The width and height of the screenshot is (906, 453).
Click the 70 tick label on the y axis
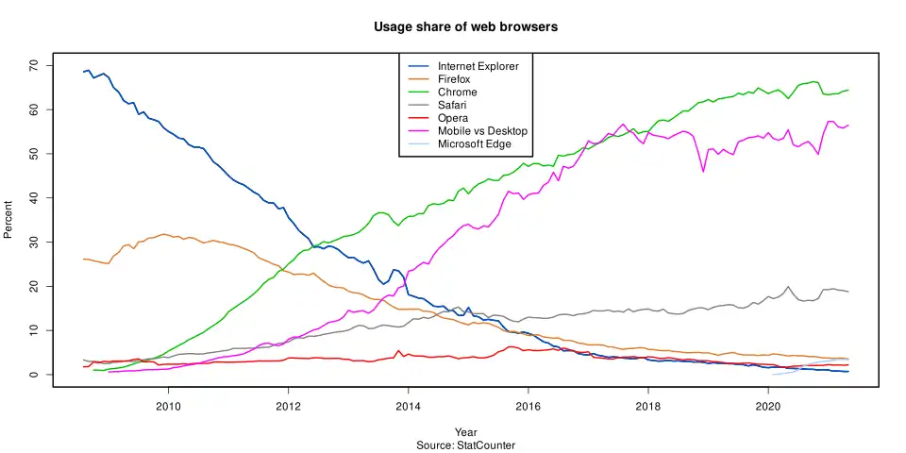click(33, 65)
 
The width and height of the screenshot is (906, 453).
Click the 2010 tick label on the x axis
click(168, 406)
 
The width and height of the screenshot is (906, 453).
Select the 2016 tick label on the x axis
click(528, 406)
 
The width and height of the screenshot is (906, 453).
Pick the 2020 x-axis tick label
click(767, 406)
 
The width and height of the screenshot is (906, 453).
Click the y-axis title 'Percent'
click(10, 219)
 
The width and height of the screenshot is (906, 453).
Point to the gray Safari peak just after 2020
click(788, 286)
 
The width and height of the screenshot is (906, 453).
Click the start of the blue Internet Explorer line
click(84, 72)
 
